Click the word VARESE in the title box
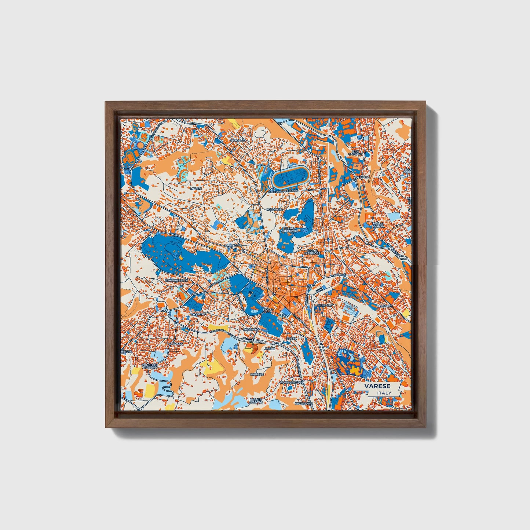377,386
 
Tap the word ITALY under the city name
384,393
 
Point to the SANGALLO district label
238,140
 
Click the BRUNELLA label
234,245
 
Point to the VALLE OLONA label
379,225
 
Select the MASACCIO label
274,209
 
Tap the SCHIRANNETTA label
176,280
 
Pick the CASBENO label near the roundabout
198,314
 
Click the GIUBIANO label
325,305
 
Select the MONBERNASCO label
292,383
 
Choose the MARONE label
257,374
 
